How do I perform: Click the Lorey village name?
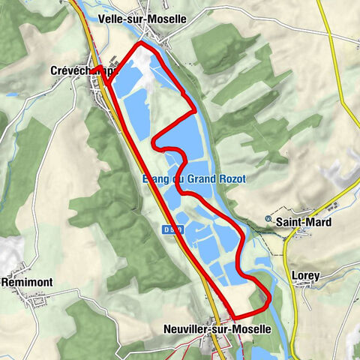[x=304, y=276]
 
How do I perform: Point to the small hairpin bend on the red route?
[x=155, y=142]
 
